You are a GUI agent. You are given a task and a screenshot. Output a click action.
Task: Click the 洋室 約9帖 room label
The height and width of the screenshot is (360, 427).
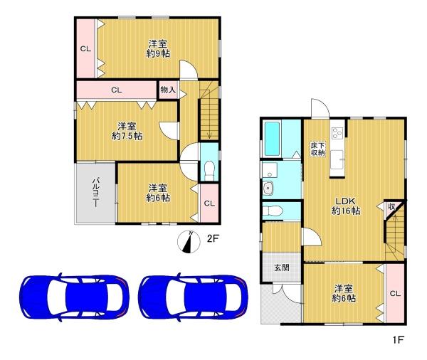[158, 49]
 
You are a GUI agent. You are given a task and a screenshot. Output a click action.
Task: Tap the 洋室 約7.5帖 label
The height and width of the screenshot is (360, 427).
[127, 131]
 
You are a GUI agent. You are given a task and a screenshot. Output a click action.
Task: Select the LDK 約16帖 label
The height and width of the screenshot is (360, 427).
[346, 206]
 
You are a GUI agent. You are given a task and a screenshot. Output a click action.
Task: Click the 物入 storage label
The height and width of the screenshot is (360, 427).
[168, 90]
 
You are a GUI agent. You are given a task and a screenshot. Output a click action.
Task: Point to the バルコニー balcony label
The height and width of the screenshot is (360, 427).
[95, 192]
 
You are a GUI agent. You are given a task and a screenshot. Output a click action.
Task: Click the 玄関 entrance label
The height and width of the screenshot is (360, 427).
[282, 268]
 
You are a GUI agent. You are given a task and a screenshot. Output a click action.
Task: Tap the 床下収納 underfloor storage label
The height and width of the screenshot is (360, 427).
[318, 149]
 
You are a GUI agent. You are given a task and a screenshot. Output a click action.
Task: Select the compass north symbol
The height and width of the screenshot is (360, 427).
[189, 242]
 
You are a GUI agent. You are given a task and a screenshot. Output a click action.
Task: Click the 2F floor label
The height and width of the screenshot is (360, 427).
[213, 238]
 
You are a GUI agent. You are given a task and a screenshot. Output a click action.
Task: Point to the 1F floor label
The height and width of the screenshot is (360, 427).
[398, 339]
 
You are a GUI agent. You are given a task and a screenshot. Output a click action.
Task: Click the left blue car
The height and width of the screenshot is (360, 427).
[74, 297]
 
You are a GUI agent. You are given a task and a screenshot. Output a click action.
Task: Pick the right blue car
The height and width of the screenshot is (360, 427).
[194, 297]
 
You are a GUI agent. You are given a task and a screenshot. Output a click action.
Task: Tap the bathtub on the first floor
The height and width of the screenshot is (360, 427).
[273, 139]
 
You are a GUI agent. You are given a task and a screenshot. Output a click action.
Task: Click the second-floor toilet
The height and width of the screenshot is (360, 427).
[209, 171]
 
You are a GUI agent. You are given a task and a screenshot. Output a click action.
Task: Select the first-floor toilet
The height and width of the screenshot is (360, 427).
[273, 211]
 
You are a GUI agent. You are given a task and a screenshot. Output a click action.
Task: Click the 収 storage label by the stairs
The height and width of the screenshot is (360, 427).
[391, 207]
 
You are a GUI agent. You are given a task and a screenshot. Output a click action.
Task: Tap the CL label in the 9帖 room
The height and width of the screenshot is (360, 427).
[85, 49]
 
